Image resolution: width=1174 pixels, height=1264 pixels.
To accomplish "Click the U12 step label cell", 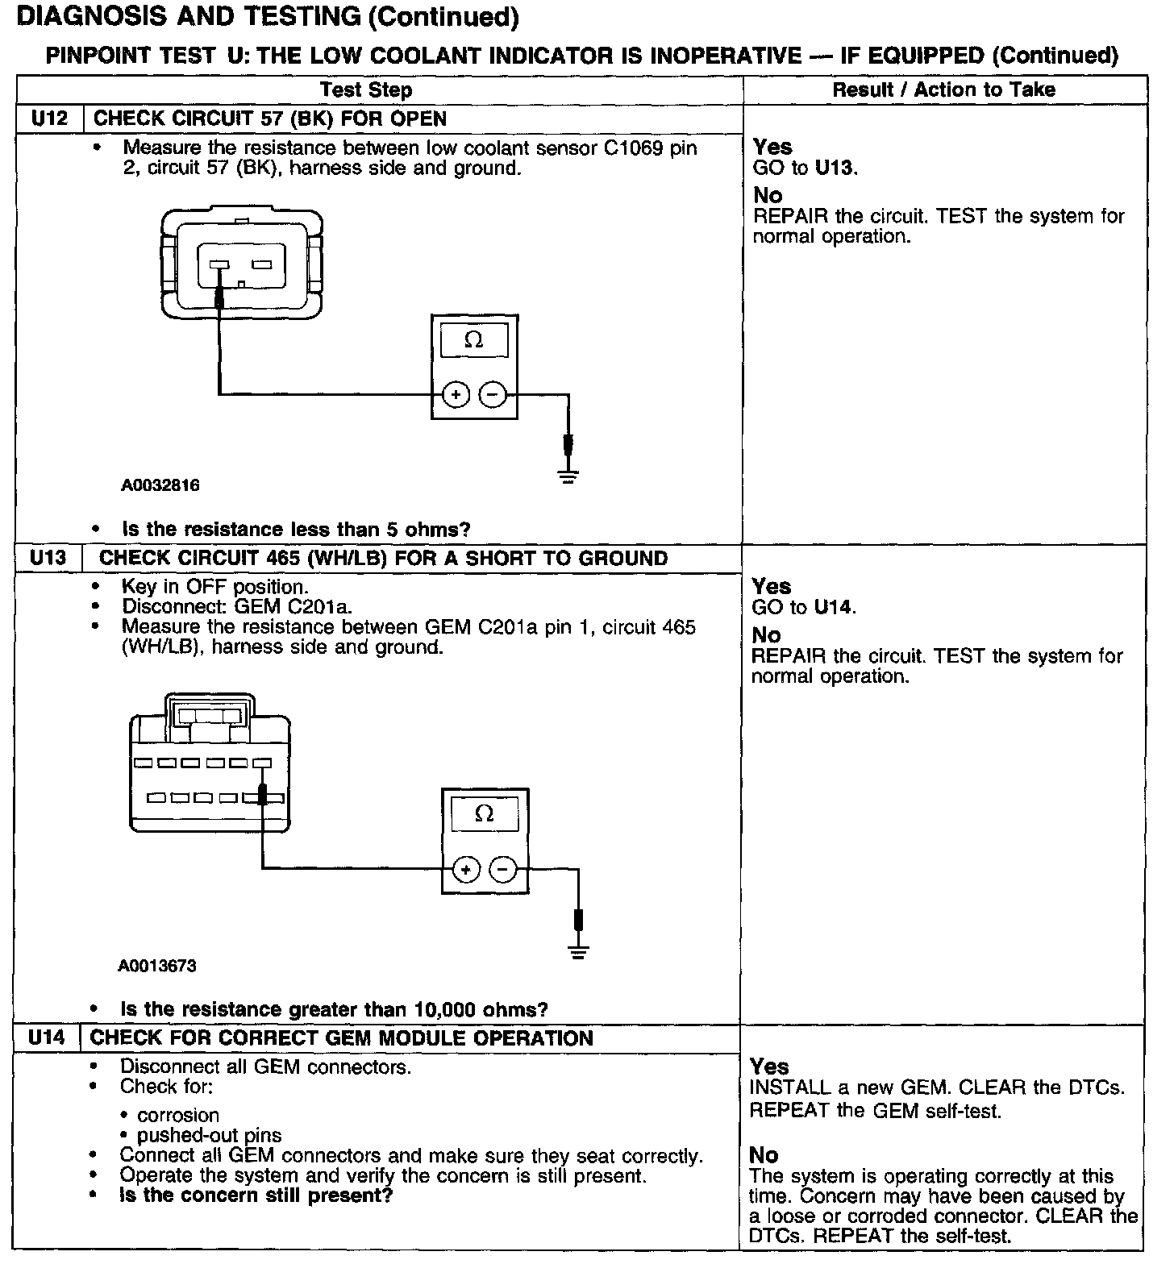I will tap(49, 118).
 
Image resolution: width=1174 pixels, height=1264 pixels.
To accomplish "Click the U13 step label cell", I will tap(48, 558).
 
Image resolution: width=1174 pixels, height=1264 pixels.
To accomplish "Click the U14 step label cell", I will tap(46, 1037).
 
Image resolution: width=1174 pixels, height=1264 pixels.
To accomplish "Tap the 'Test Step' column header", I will tap(366, 90).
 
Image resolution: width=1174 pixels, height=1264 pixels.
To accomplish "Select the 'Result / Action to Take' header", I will tap(943, 89).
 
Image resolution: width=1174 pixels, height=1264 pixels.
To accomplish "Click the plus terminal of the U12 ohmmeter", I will tap(456, 395).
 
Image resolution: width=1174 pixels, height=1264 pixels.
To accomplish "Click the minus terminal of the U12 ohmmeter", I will tap(493, 395).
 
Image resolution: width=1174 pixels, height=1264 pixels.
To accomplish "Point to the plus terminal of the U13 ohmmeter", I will tap(466, 869).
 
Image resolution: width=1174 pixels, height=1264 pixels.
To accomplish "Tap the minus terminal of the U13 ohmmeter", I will tap(503, 869).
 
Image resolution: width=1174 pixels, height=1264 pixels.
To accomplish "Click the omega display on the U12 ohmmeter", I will tap(474, 341).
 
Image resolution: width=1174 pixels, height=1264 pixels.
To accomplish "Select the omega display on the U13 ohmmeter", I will tap(485, 814).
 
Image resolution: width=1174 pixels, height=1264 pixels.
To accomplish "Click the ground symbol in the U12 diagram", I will tap(568, 476).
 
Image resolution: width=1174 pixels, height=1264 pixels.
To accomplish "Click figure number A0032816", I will tap(160, 485).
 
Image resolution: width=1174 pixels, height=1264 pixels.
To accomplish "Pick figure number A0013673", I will tap(157, 965).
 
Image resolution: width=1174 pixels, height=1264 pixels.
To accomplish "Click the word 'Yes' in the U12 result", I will tap(772, 147).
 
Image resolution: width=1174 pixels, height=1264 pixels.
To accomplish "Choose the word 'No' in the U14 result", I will tap(763, 1155).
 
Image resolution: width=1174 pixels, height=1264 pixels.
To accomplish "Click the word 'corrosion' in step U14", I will tap(178, 1115).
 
